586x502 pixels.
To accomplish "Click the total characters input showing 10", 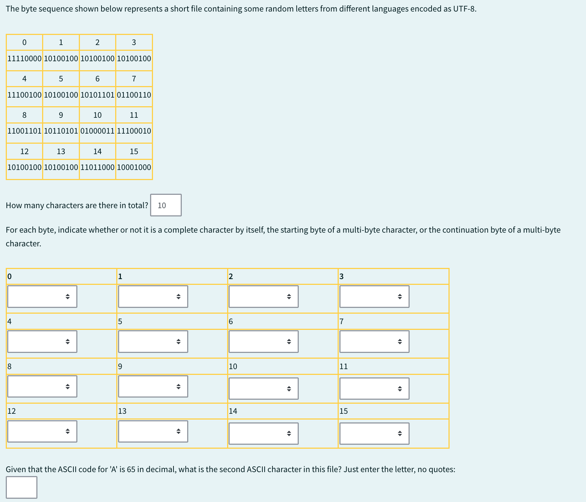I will (166, 205).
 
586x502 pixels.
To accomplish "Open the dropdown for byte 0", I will (42, 296).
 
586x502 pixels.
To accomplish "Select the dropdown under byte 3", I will (374, 296).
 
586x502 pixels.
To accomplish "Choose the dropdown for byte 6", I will (263, 341).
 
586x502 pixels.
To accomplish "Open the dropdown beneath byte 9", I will (153, 386).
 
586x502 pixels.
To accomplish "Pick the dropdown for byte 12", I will (42, 431).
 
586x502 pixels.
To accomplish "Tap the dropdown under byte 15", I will (374, 434).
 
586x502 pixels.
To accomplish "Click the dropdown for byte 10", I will (263, 389).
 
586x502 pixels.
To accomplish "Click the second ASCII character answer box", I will (22, 487).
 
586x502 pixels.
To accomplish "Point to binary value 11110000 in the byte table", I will (24, 58).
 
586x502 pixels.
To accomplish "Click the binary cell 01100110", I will (134, 95).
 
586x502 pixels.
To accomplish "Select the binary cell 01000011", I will (97, 131).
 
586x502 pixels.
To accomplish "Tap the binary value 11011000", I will (97, 167).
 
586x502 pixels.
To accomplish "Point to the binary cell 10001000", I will (134, 167).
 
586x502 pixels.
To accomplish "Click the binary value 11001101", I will (24, 131).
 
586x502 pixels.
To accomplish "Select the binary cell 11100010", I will (134, 131).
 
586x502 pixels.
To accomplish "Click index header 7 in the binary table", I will (134, 79).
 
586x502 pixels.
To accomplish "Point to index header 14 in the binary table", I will (97, 151).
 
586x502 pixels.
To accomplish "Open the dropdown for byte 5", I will (153, 341).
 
